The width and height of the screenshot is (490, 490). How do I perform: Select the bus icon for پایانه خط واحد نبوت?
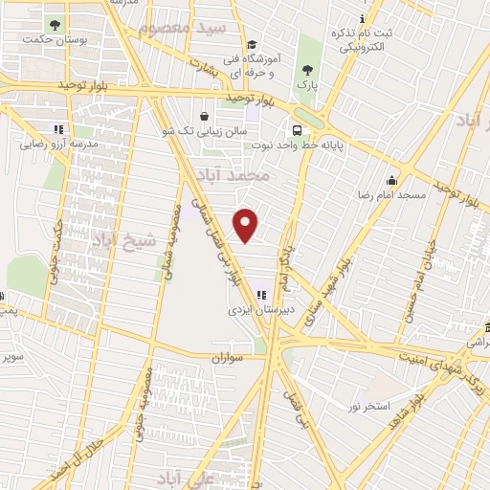296,129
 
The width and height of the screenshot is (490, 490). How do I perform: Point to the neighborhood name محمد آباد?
233,175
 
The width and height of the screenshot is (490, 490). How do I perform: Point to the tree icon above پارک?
307,69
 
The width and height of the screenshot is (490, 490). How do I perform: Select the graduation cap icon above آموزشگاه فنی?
252,44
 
